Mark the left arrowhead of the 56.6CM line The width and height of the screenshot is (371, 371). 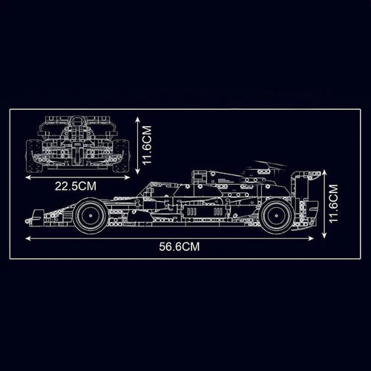[x=27, y=237]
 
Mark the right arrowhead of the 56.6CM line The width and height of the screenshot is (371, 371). [x=324, y=237]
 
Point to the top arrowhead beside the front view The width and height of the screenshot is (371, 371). [x=139, y=116]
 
